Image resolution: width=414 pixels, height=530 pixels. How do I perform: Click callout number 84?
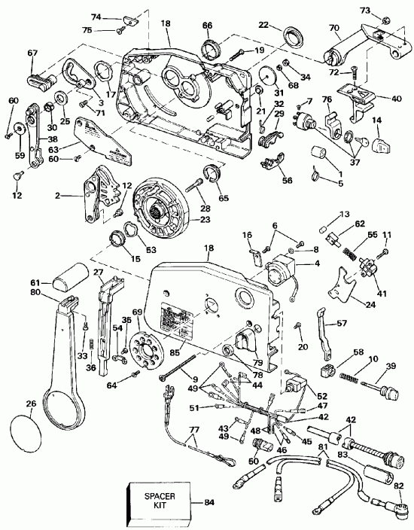[207, 500]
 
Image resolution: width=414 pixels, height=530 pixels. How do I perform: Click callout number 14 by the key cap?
[377, 120]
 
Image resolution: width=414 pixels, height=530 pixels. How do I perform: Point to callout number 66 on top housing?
[207, 26]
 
